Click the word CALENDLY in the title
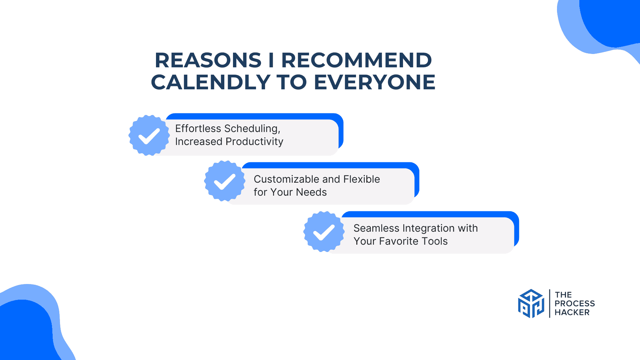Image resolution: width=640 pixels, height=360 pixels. (211, 82)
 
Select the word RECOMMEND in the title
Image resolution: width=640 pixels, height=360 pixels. (357, 60)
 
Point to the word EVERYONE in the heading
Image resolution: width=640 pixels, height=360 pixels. (375, 82)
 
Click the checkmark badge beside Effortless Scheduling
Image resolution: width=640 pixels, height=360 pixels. (149, 135)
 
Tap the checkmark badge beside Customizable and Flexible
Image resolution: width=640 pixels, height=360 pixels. (225, 181)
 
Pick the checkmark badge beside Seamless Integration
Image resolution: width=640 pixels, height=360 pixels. (324, 232)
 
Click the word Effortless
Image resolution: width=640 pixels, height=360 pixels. (198, 129)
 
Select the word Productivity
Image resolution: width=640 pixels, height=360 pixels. (254, 142)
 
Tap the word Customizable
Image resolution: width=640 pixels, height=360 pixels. (287, 179)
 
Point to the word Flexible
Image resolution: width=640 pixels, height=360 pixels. (362, 179)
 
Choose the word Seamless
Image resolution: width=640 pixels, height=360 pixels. (376, 228)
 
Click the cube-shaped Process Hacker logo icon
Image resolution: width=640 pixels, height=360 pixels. (531, 303)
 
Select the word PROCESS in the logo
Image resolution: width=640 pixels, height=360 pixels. (575, 304)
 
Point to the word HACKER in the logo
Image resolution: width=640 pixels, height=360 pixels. (572, 312)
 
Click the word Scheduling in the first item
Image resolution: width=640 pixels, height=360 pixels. (252, 129)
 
